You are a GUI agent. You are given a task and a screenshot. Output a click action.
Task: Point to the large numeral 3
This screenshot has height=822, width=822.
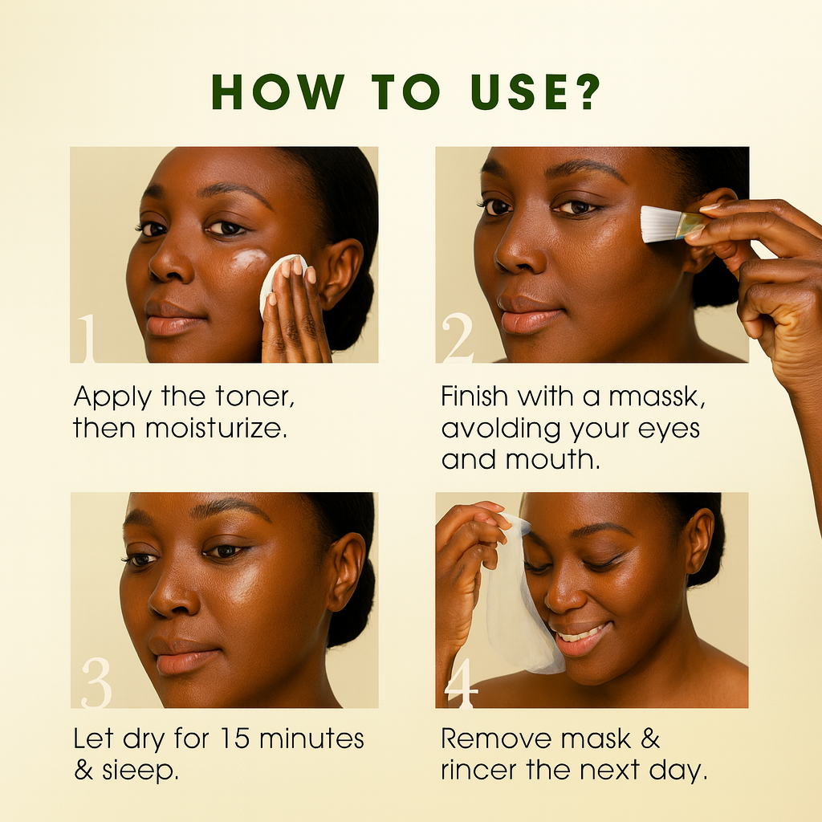click(x=97, y=683)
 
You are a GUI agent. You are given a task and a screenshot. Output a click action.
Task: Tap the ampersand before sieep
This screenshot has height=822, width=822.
click(x=83, y=771)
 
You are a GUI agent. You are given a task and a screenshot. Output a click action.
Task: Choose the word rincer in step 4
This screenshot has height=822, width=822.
click(x=479, y=771)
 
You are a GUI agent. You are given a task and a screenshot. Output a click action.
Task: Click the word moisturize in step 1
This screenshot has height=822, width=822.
click(x=215, y=429)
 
